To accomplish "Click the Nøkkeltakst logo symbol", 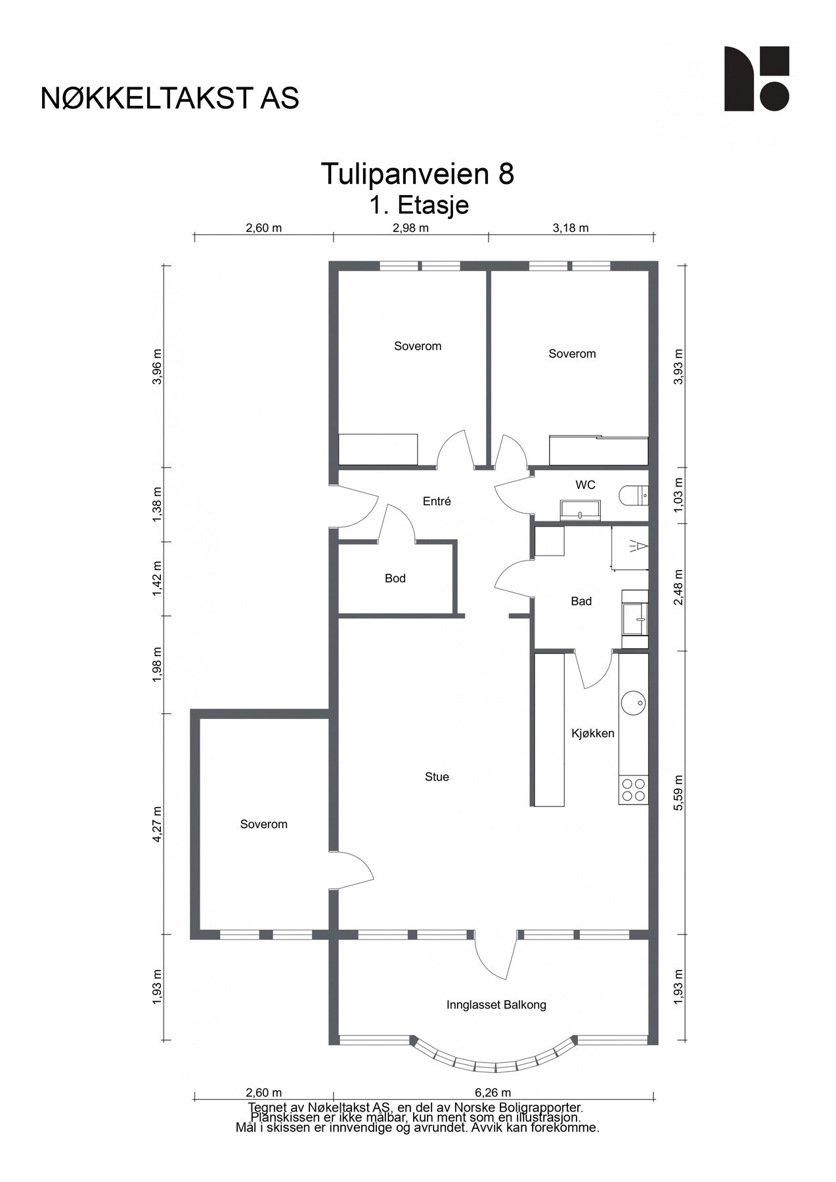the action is click(757, 78).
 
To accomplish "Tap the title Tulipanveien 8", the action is click(418, 174).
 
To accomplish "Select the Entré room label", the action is click(437, 501).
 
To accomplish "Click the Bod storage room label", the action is click(395, 579).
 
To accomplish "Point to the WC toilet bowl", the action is click(634, 495).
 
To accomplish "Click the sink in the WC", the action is click(581, 510).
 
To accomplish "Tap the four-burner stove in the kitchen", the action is click(634, 789).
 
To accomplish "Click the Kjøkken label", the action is click(593, 733).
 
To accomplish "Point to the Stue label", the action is click(437, 777).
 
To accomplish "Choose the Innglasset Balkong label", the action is click(496, 1005).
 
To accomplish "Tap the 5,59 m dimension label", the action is click(679, 793).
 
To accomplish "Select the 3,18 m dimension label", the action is click(571, 228).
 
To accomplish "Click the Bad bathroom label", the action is click(581, 601).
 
